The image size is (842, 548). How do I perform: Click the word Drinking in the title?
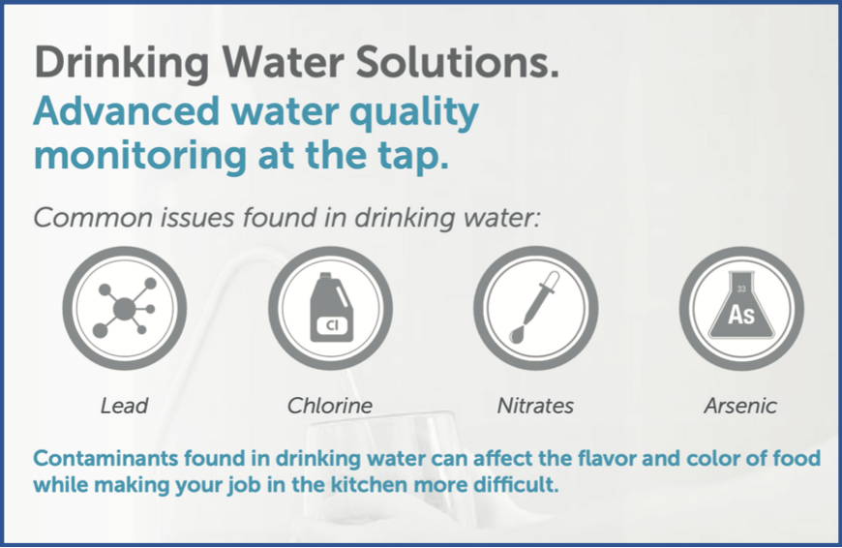pyautogui.click(x=122, y=64)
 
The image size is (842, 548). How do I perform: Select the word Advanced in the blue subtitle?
pyautogui.click(x=127, y=111)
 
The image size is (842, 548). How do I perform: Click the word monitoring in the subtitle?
pyautogui.click(x=140, y=156)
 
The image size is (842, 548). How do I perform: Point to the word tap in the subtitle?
pyautogui.click(x=412, y=157)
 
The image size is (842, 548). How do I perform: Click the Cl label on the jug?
pyautogui.click(x=332, y=325)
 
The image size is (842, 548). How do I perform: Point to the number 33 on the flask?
pyautogui.click(x=741, y=289)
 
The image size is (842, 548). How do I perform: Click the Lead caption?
pyautogui.click(x=124, y=406)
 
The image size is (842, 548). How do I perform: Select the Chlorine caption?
pyautogui.click(x=330, y=406)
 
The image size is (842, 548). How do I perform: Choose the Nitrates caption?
pyautogui.click(x=535, y=406)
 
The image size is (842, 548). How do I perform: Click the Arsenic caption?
pyautogui.click(x=740, y=406)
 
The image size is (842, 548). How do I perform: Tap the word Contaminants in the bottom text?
pyautogui.click(x=105, y=458)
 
